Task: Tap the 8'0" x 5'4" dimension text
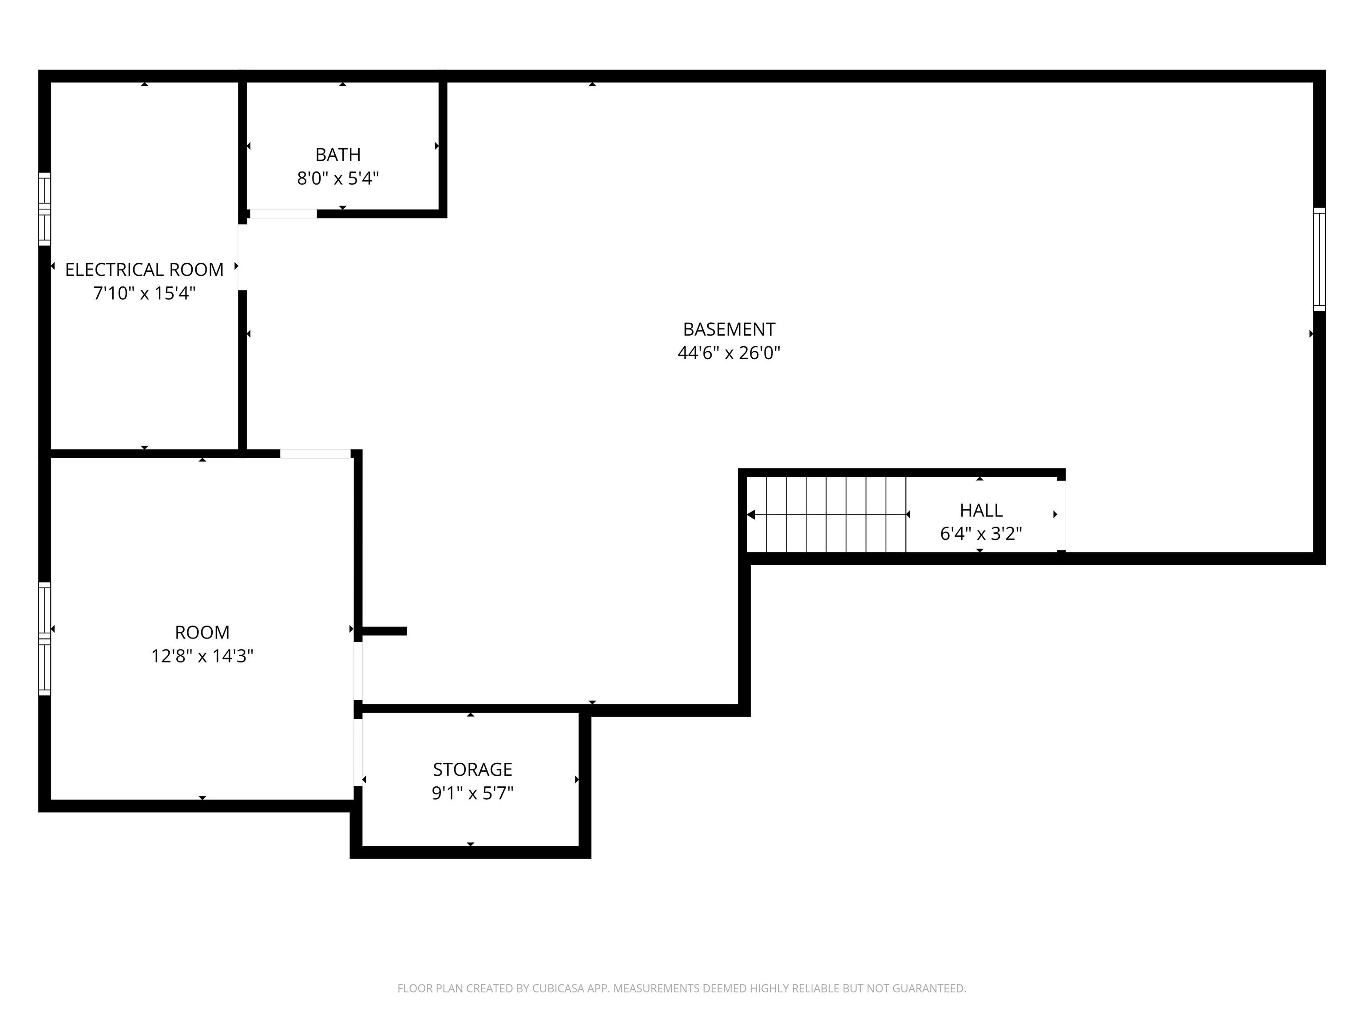pos(338,178)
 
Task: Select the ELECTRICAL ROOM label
pos(144,270)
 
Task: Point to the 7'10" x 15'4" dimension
pos(144,293)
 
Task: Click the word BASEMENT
pos(729,329)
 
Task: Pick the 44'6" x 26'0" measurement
pos(729,353)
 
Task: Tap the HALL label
pos(981,510)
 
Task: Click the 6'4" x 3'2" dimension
pos(981,533)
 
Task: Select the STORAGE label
pos(472,769)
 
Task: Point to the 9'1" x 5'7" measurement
pos(472,793)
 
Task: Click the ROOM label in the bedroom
pos(202,632)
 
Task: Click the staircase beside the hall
pos(826,514)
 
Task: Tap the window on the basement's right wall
pos(1319,259)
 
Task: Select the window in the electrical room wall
pos(44,209)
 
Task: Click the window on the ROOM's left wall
pos(44,639)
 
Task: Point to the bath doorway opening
pos(283,214)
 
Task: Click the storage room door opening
pos(357,752)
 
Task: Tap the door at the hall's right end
pos(1061,515)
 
